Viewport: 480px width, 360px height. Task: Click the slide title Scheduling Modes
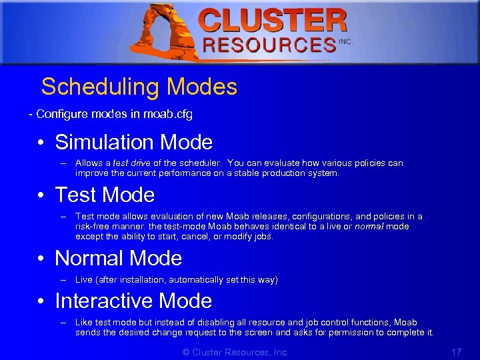(139, 87)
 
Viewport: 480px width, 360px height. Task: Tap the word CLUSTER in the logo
(273, 21)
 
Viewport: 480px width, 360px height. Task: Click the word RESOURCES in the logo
(269, 45)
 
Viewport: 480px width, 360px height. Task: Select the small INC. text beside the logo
(345, 41)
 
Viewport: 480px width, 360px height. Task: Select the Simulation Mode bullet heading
(133, 142)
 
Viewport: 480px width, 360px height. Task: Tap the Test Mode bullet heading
(105, 195)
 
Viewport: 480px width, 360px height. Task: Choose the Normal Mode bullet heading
(118, 258)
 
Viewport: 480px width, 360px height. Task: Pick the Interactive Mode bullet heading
(133, 301)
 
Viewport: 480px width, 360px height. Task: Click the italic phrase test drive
(131, 163)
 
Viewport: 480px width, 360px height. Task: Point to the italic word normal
(367, 227)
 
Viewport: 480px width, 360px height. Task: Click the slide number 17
(457, 352)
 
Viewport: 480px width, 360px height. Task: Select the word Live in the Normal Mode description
(84, 280)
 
